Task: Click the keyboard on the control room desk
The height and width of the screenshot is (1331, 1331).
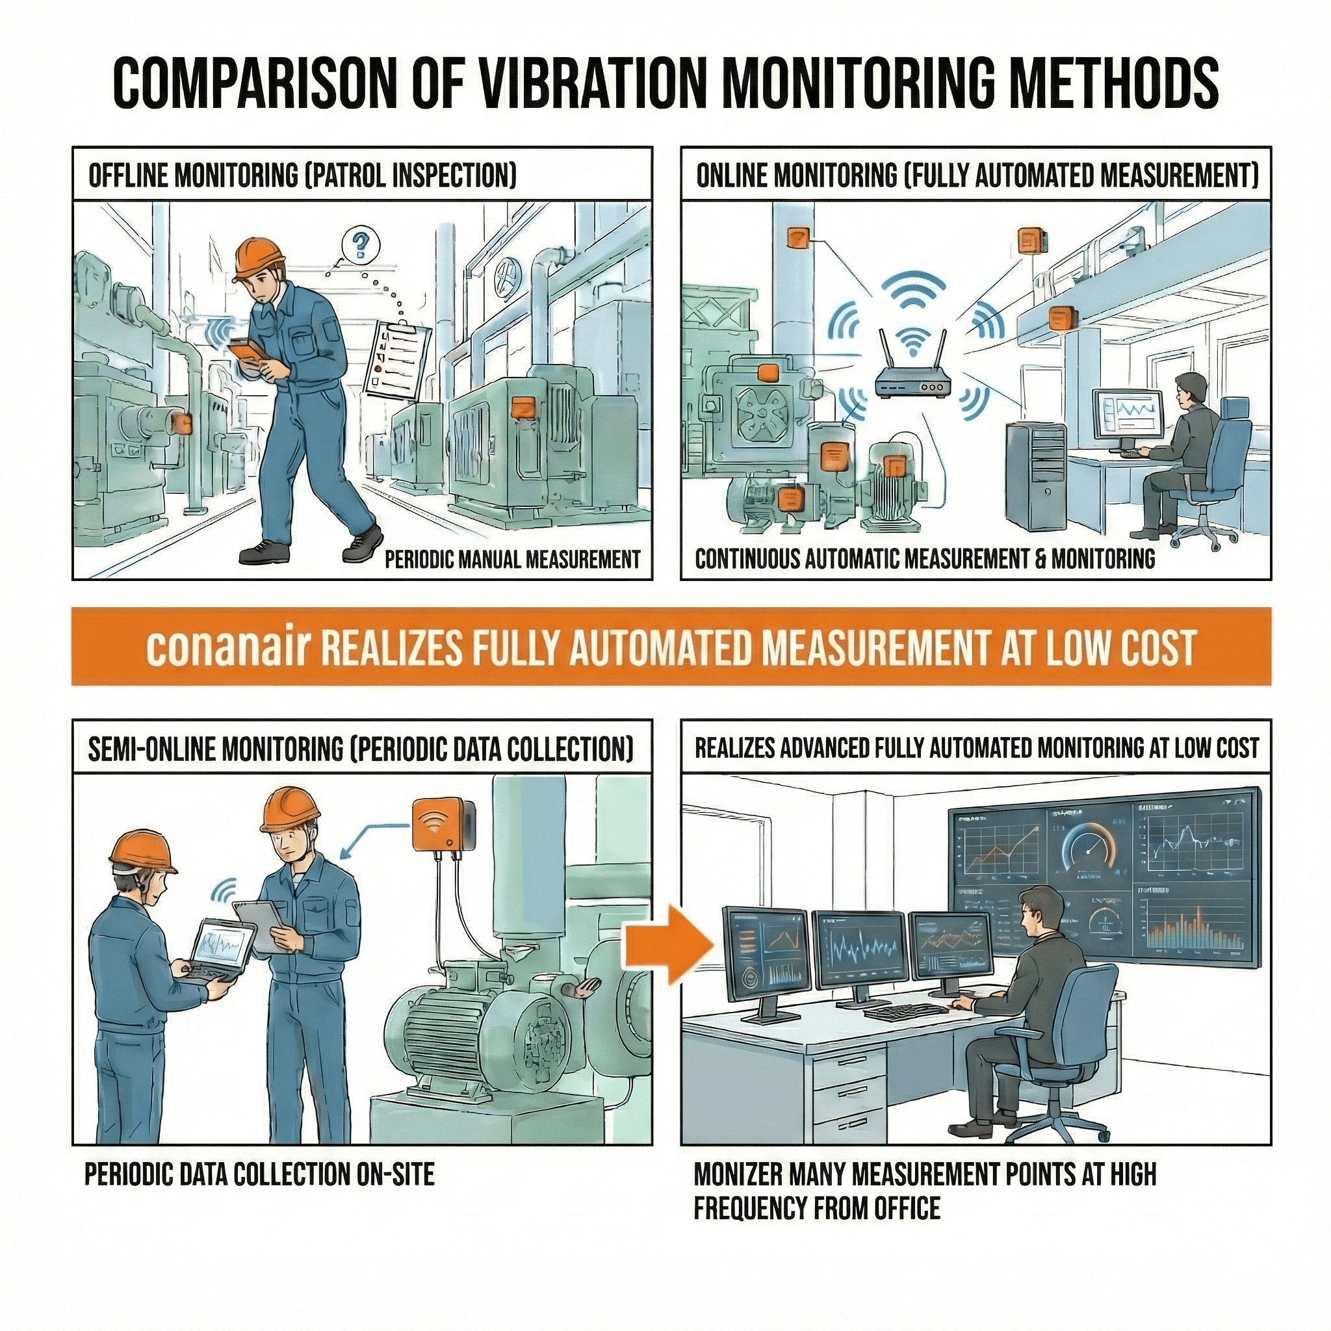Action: point(905,1011)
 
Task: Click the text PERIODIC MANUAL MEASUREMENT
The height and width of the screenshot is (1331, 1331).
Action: point(512,559)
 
